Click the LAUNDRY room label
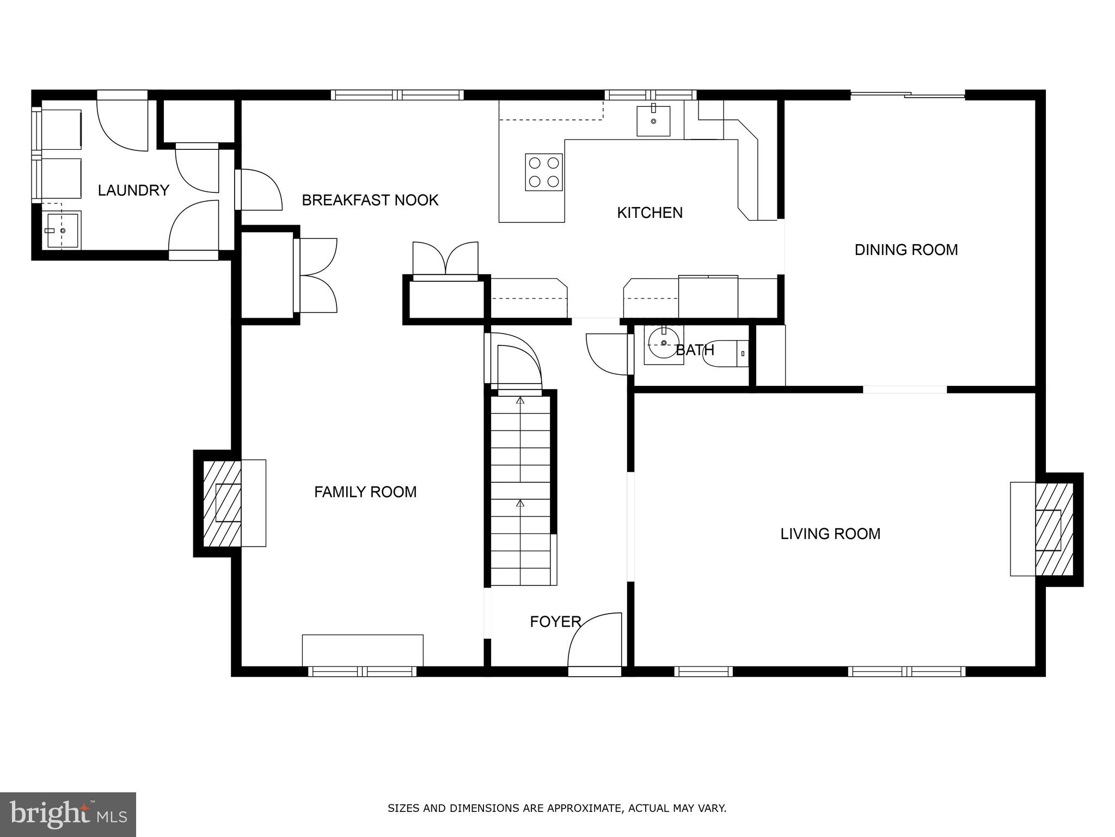tap(133, 190)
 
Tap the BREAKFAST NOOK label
tap(370, 201)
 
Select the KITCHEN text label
tap(650, 213)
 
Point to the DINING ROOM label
tap(906, 250)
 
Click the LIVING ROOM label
tap(830, 533)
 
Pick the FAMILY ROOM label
tap(365, 492)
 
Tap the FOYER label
tap(555, 622)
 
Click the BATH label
tap(694, 350)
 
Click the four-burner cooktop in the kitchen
tap(543, 172)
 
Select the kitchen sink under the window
tap(653, 120)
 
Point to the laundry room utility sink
tap(62, 231)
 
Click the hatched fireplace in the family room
tap(222, 503)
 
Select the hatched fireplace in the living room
tap(1053, 529)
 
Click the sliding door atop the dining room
tap(908, 95)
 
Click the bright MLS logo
tap(68, 814)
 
